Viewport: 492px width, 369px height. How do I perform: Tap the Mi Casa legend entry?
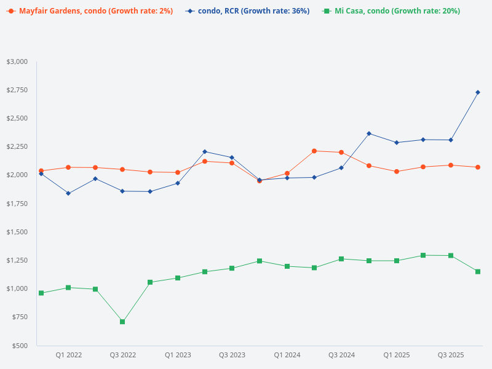[x=397, y=11]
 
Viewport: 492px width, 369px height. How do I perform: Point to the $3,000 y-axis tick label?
[x=17, y=61]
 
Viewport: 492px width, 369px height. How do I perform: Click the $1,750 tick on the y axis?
[x=17, y=204]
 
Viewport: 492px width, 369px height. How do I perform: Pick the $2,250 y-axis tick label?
[x=17, y=146]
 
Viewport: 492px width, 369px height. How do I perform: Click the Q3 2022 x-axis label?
[x=123, y=355]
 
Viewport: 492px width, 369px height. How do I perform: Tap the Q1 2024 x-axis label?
[x=287, y=355]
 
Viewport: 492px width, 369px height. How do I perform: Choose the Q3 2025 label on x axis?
[x=451, y=355]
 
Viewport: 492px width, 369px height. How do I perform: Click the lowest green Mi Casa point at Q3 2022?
[x=122, y=322]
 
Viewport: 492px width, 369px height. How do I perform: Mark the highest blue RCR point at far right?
[x=478, y=92]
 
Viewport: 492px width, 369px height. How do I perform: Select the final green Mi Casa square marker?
[x=478, y=271]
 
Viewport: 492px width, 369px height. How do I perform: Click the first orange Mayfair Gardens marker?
[x=41, y=171]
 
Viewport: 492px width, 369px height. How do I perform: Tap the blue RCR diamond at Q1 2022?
[x=68, y=193]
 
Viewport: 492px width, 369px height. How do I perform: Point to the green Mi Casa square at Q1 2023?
[x=178, y=278]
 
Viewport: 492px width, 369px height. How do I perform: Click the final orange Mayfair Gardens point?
[x=478, y=167]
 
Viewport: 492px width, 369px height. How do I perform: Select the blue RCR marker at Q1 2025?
[x=397, y=143]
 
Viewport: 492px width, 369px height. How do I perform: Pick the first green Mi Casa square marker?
[x=41, y=293]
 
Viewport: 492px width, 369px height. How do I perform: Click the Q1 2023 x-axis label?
[x=178, y=355]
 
